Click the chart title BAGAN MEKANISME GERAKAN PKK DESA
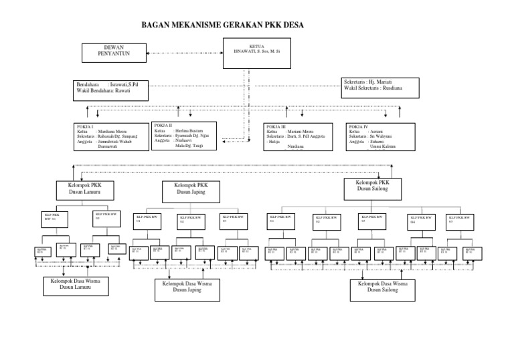tap(224, 25)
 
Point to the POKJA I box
tap(110, 137)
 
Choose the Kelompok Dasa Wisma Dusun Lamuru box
tap(76, 285)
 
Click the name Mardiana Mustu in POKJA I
tap(112, 132)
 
